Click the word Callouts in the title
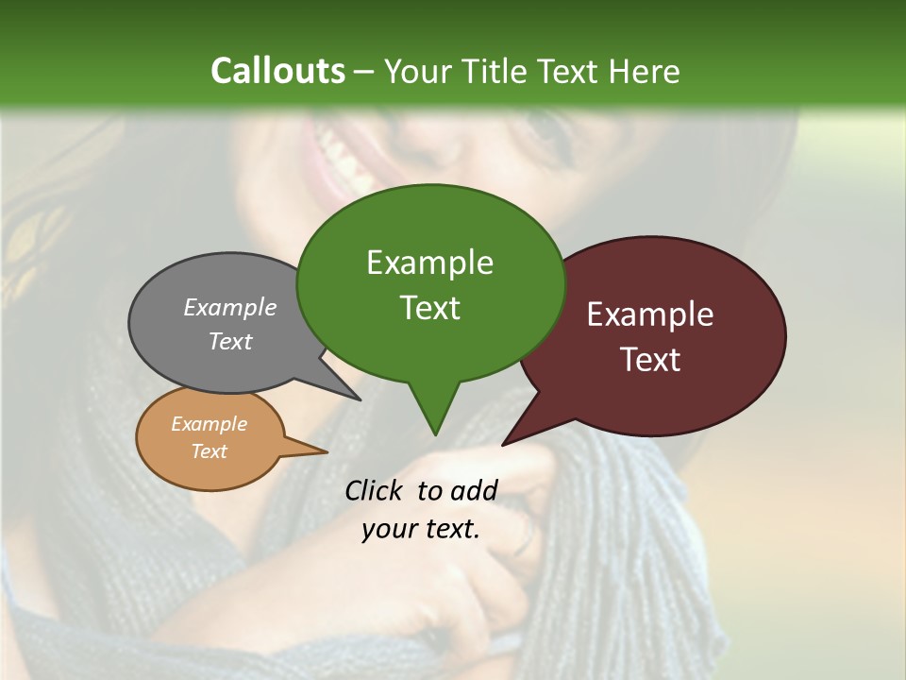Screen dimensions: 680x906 pos(277,71)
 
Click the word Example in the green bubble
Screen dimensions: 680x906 pos(429,263)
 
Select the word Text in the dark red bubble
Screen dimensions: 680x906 pos(650,360)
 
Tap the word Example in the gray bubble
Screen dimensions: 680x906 pos(230,307)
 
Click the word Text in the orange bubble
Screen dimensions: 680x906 pos(210,451)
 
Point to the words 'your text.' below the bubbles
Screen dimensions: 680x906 pos(420,529)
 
